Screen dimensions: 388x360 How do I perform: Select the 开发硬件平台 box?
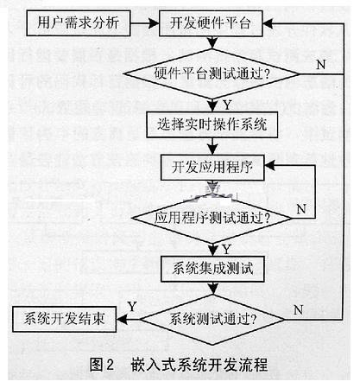pos(211,22)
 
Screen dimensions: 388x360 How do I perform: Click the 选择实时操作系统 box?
pos(212,124)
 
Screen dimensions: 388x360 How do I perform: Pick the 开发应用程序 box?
pos(212,166)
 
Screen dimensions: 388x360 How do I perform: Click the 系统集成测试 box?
pos(212,266)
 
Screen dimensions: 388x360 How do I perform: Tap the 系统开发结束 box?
pos(65,318)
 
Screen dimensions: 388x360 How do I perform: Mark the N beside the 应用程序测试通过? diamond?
pos(300,208)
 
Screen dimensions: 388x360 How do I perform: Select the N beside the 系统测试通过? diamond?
pos(299,308)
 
